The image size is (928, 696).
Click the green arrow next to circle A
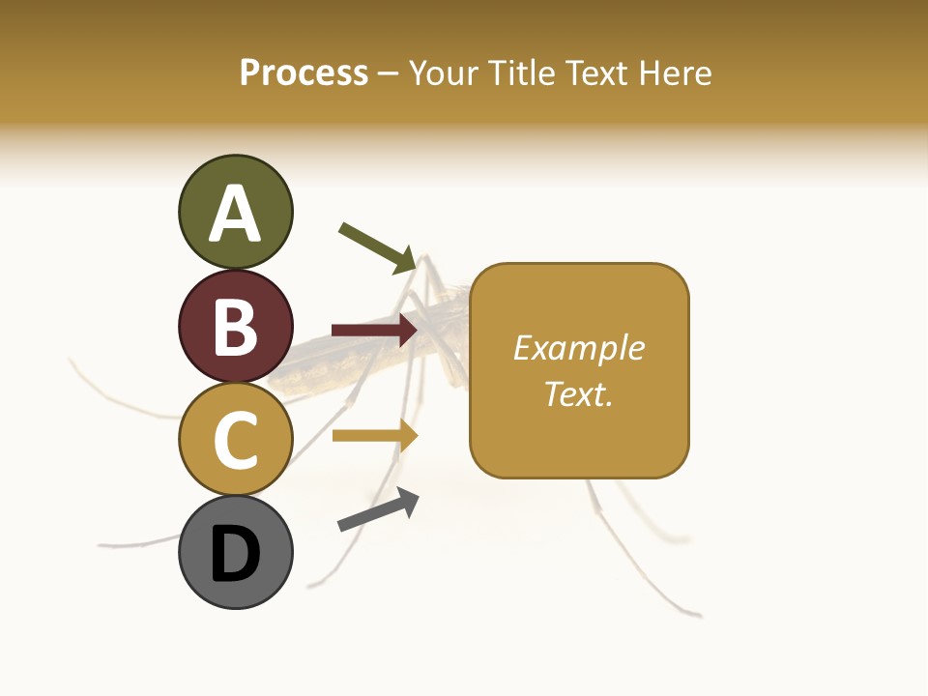coord(378,247)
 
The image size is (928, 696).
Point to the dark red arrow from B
coord(374,331)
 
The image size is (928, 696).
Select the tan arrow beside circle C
coord(374,435)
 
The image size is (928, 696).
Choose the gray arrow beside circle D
coord(378,509)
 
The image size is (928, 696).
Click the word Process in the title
coord(304,72)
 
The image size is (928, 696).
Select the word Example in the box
coord(578,348)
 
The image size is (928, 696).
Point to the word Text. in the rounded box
coord(578,393)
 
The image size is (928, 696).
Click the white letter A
coord(236,214)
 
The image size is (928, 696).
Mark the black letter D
coord(236,554)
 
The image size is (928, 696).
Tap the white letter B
coord(236,327)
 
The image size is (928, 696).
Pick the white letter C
coord(236,441)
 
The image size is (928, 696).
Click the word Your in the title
coord(444,72)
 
